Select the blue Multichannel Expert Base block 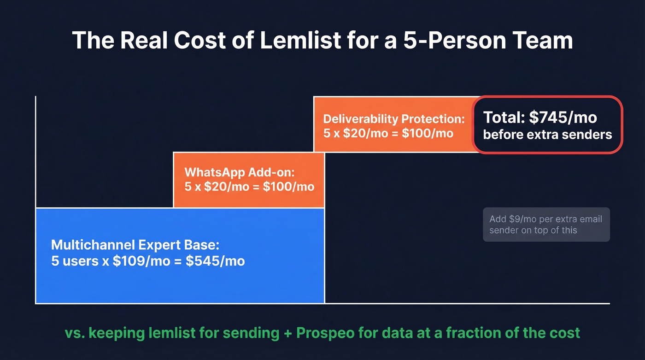click(180, 277)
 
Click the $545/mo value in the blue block click(215, 261)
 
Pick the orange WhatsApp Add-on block click(249, 180)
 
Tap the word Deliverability click(360, 118)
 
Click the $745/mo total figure click(563, 118)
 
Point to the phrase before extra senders click(547, 135)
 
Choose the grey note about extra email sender click(546, 224)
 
